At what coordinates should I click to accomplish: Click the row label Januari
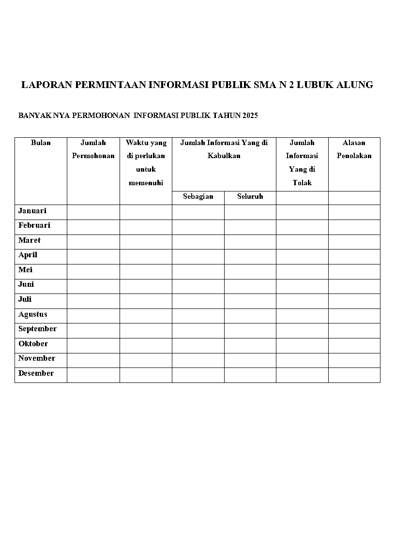coord(32,211)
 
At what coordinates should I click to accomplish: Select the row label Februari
coord(34,226)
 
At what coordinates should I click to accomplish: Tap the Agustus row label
coord(33,315)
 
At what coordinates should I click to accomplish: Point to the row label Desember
coord(36,374)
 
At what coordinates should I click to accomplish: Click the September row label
coord(37,329)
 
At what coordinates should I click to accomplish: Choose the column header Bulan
coord(41,143)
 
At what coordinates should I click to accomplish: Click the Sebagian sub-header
coord(198,197)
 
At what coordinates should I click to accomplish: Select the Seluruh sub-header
coord(250,197)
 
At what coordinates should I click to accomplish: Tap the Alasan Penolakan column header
coord(354,149)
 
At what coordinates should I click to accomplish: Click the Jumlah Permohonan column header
coord(93,149)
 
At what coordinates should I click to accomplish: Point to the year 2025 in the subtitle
coord(250,116)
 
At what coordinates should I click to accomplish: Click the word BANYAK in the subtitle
coord(30,116)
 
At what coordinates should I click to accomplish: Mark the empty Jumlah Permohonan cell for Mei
coord(93,271)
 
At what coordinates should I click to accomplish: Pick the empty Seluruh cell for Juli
coord(250,301)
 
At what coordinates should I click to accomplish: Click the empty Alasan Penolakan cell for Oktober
coord(354,345)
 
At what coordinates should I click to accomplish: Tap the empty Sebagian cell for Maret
coord(198,242)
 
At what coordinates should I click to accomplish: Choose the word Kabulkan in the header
coord(224,156)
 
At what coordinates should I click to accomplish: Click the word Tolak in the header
coord(302,183)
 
